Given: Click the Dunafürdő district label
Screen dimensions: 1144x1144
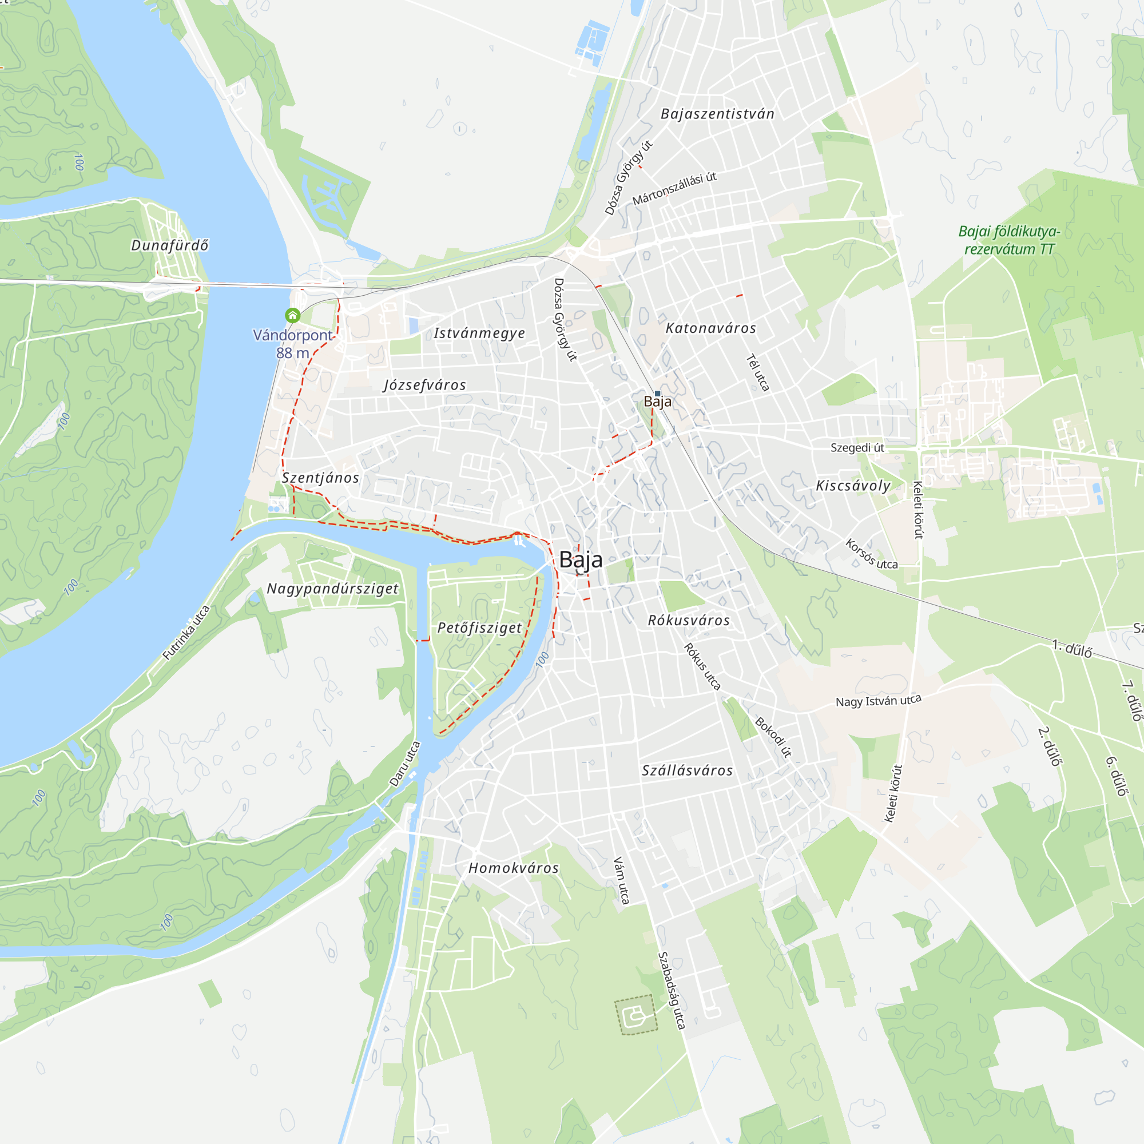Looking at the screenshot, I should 169,245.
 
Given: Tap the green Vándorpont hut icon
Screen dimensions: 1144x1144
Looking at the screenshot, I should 292,315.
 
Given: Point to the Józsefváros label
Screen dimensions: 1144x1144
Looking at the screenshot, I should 424,386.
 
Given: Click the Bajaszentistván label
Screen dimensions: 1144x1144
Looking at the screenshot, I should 717,114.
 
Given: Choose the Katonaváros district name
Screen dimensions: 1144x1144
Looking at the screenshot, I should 710,328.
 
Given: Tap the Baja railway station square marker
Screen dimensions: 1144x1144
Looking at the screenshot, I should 657,393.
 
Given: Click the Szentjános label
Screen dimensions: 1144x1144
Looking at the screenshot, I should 320,478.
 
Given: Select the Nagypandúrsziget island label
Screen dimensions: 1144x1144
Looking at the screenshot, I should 332,589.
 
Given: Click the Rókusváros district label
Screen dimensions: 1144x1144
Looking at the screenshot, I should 689,621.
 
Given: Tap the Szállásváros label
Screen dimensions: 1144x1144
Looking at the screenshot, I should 687,770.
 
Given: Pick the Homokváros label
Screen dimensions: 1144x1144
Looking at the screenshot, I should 514,868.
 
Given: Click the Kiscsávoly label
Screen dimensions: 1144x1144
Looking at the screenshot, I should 853,486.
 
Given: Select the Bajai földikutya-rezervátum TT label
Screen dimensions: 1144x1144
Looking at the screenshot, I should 1009,240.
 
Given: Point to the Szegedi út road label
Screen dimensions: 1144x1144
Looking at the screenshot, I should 857,448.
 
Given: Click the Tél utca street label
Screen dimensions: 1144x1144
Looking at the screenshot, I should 757,372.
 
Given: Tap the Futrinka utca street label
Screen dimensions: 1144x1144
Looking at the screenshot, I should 186,633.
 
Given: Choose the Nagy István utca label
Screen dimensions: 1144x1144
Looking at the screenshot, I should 878,701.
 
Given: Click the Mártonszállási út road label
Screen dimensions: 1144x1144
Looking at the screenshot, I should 674,189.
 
